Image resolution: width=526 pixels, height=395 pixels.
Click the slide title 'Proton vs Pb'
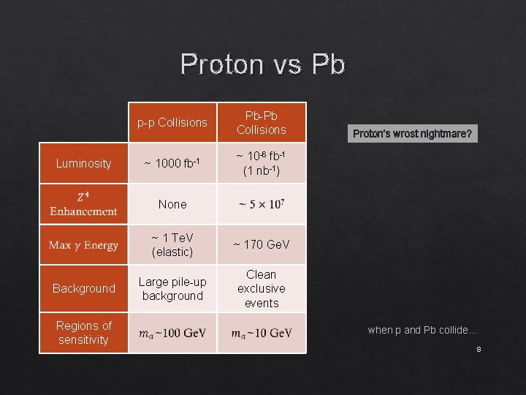pos(262,64)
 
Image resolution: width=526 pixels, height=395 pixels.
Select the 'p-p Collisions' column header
pos(172,122)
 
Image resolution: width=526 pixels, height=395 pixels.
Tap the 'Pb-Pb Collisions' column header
pos(262,122)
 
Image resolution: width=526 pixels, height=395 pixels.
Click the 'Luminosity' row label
pos(83,163)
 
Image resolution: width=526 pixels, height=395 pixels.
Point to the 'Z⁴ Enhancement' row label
pos(83,204)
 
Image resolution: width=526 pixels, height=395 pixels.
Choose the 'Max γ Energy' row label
pos(83,245)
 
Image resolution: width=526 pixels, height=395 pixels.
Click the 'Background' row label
pos(83,288)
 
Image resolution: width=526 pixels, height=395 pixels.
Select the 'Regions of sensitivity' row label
pos(83,333)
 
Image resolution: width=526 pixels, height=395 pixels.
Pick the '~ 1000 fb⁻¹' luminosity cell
pos(172,163)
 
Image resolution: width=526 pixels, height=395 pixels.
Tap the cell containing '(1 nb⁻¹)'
pos(262,163)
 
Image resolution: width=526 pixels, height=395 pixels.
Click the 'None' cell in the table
pos(172,204)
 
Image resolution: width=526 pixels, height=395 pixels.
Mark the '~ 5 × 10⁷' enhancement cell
pos(262,204)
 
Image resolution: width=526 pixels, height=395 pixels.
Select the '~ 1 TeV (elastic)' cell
pos(172,244)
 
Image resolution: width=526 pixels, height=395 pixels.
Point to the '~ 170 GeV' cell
pos(262,244)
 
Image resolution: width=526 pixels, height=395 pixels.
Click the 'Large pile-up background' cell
pos(172,288)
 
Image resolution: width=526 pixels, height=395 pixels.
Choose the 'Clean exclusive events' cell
pos(262,288)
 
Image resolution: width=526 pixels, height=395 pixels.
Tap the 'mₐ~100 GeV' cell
pos(172,334)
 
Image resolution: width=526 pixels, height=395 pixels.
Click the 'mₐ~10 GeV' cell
pos(262,334)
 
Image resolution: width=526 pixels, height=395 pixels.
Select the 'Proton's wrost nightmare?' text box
pos(413,134)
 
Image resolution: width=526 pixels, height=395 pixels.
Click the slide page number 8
pos(479,350)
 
